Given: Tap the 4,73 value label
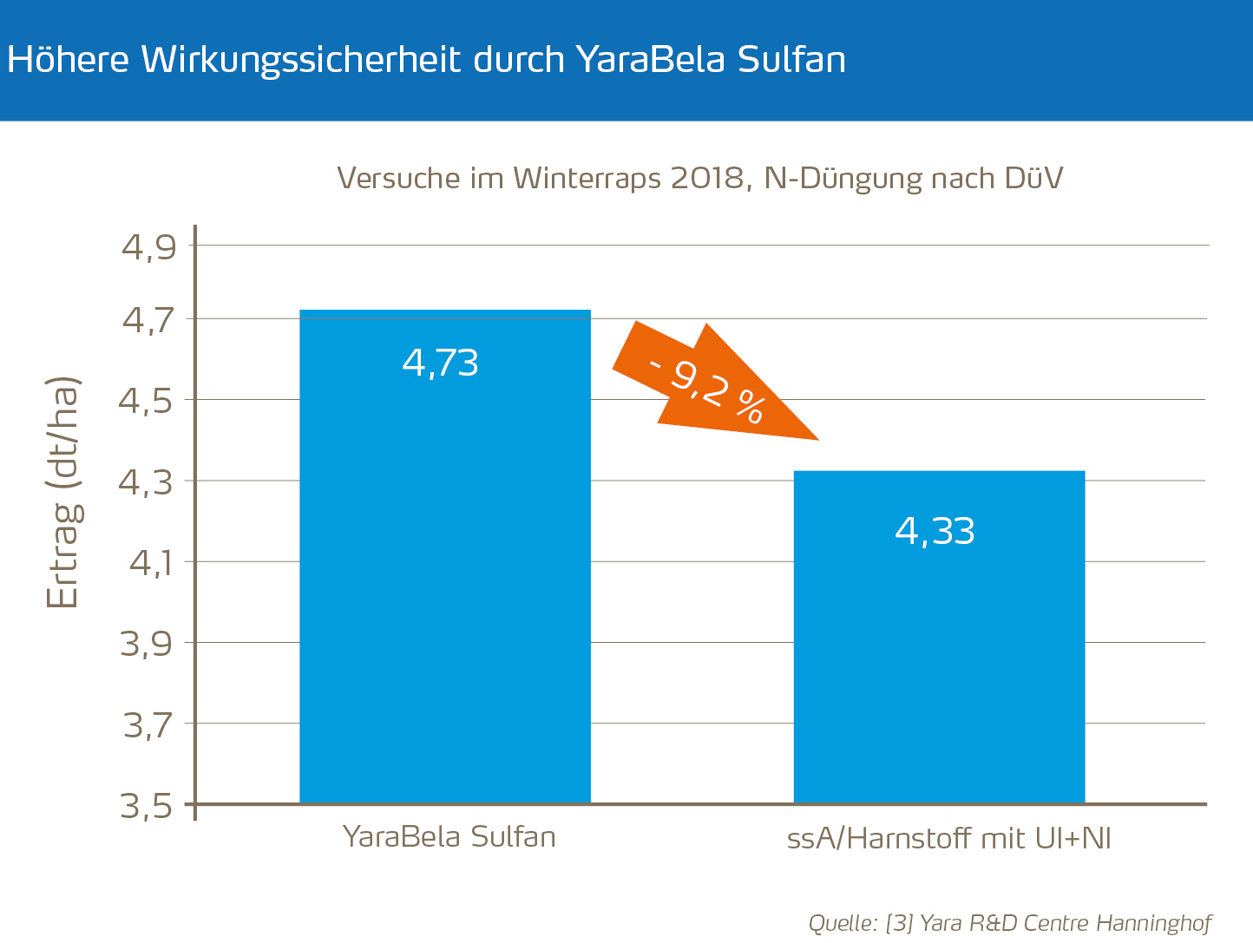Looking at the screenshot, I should [441, 363].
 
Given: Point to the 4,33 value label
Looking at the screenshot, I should [935, 531].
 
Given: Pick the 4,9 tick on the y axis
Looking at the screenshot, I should [148, 247].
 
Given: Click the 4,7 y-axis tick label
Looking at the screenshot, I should [148, 320].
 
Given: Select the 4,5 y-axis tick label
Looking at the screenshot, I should [148, 401].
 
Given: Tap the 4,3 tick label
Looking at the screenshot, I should [148, 481].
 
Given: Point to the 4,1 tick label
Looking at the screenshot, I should [152, 563].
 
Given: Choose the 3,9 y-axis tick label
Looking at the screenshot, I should [148, 644].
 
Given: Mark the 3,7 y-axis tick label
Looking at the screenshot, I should [148, 724].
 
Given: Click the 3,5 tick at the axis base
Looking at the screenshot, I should [147, 806].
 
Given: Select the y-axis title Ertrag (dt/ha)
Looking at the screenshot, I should [62, 492].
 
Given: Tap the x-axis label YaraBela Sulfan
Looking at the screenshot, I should [449, 837].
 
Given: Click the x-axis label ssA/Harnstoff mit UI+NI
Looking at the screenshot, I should [948, 839].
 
